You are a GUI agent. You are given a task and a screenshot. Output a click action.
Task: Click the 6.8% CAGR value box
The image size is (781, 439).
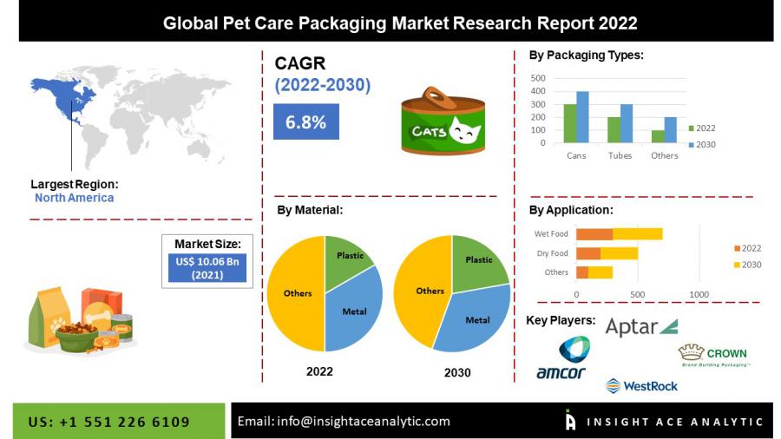[x=305, y=121]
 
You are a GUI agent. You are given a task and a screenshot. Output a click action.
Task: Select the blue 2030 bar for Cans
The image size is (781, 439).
[x=582, y=117]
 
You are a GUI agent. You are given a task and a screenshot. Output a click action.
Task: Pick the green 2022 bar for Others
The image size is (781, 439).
[x=658, y=136]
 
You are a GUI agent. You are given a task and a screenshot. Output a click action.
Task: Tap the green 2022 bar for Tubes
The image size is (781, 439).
[x=614, y=130]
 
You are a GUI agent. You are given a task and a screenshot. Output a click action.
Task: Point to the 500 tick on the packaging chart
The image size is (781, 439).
[x=538, y=78]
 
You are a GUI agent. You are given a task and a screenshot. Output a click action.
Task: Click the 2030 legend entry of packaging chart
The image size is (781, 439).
[x=702, y=145]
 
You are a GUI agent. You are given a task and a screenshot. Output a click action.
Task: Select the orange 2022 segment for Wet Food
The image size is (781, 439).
[x=594, y=234]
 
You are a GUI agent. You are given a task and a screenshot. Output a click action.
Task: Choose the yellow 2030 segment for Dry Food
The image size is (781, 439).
[x=619, y=253]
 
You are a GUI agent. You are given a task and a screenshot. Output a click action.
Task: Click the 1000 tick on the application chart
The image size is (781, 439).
[x=699, y=295]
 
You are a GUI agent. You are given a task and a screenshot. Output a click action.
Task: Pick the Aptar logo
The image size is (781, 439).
[x=641, y=326]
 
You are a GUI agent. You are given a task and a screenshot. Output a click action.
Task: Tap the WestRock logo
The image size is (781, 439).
[x=641, y=386]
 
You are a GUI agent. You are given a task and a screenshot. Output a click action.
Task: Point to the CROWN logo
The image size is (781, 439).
[x=713, y=356]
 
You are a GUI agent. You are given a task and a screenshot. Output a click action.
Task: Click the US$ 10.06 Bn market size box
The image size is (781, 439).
[x=207, y=268]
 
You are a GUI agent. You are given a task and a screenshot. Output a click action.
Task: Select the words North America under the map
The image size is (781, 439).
[x=75, y=198]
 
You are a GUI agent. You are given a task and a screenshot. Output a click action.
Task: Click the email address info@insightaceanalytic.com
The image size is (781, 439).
[x=364, y=421]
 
